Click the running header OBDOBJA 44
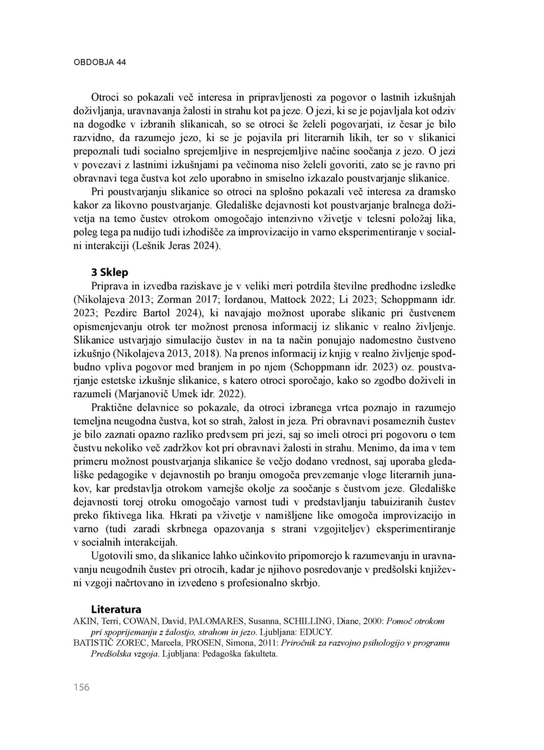pyautogui.click(x=99, y=62)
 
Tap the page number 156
pyautogui.click(x=82, y=687)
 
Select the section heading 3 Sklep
pyautogui.click(x=109, y=272)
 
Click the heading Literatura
pyautogui.click(x=116, y=609)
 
